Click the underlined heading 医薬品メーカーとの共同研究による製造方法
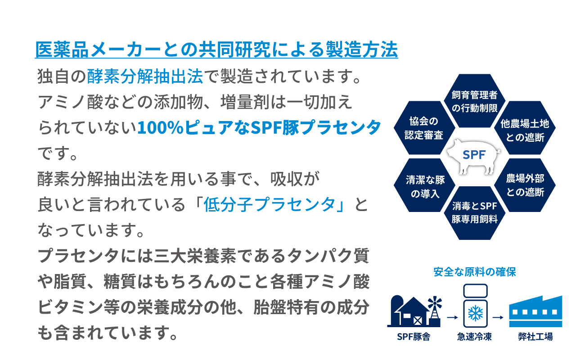[x=216, y=49]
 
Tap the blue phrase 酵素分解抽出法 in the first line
[x=145, y=76]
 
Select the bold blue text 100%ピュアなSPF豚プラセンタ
[x=259, y=127]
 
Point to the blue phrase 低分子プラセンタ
[x=269, y=204]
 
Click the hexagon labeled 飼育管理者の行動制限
[x=475, y=101]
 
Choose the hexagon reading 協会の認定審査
[x=424, y=128]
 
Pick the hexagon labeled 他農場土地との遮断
[x=525, y=128]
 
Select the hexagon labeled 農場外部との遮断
[x=525, y=185]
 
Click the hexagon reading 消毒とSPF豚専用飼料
[x=475, y=213]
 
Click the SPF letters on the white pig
[x=474, y=155]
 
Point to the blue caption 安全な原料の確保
[x=475, y=272]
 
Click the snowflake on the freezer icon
[x=475, y=313]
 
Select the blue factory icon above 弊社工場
[x=535, y=311]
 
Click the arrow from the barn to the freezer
[x=452, y=317]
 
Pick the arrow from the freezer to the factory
[x=498, y=317]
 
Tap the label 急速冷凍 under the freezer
[x=475, y=337]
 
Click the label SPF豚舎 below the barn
[x=414, y=337]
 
